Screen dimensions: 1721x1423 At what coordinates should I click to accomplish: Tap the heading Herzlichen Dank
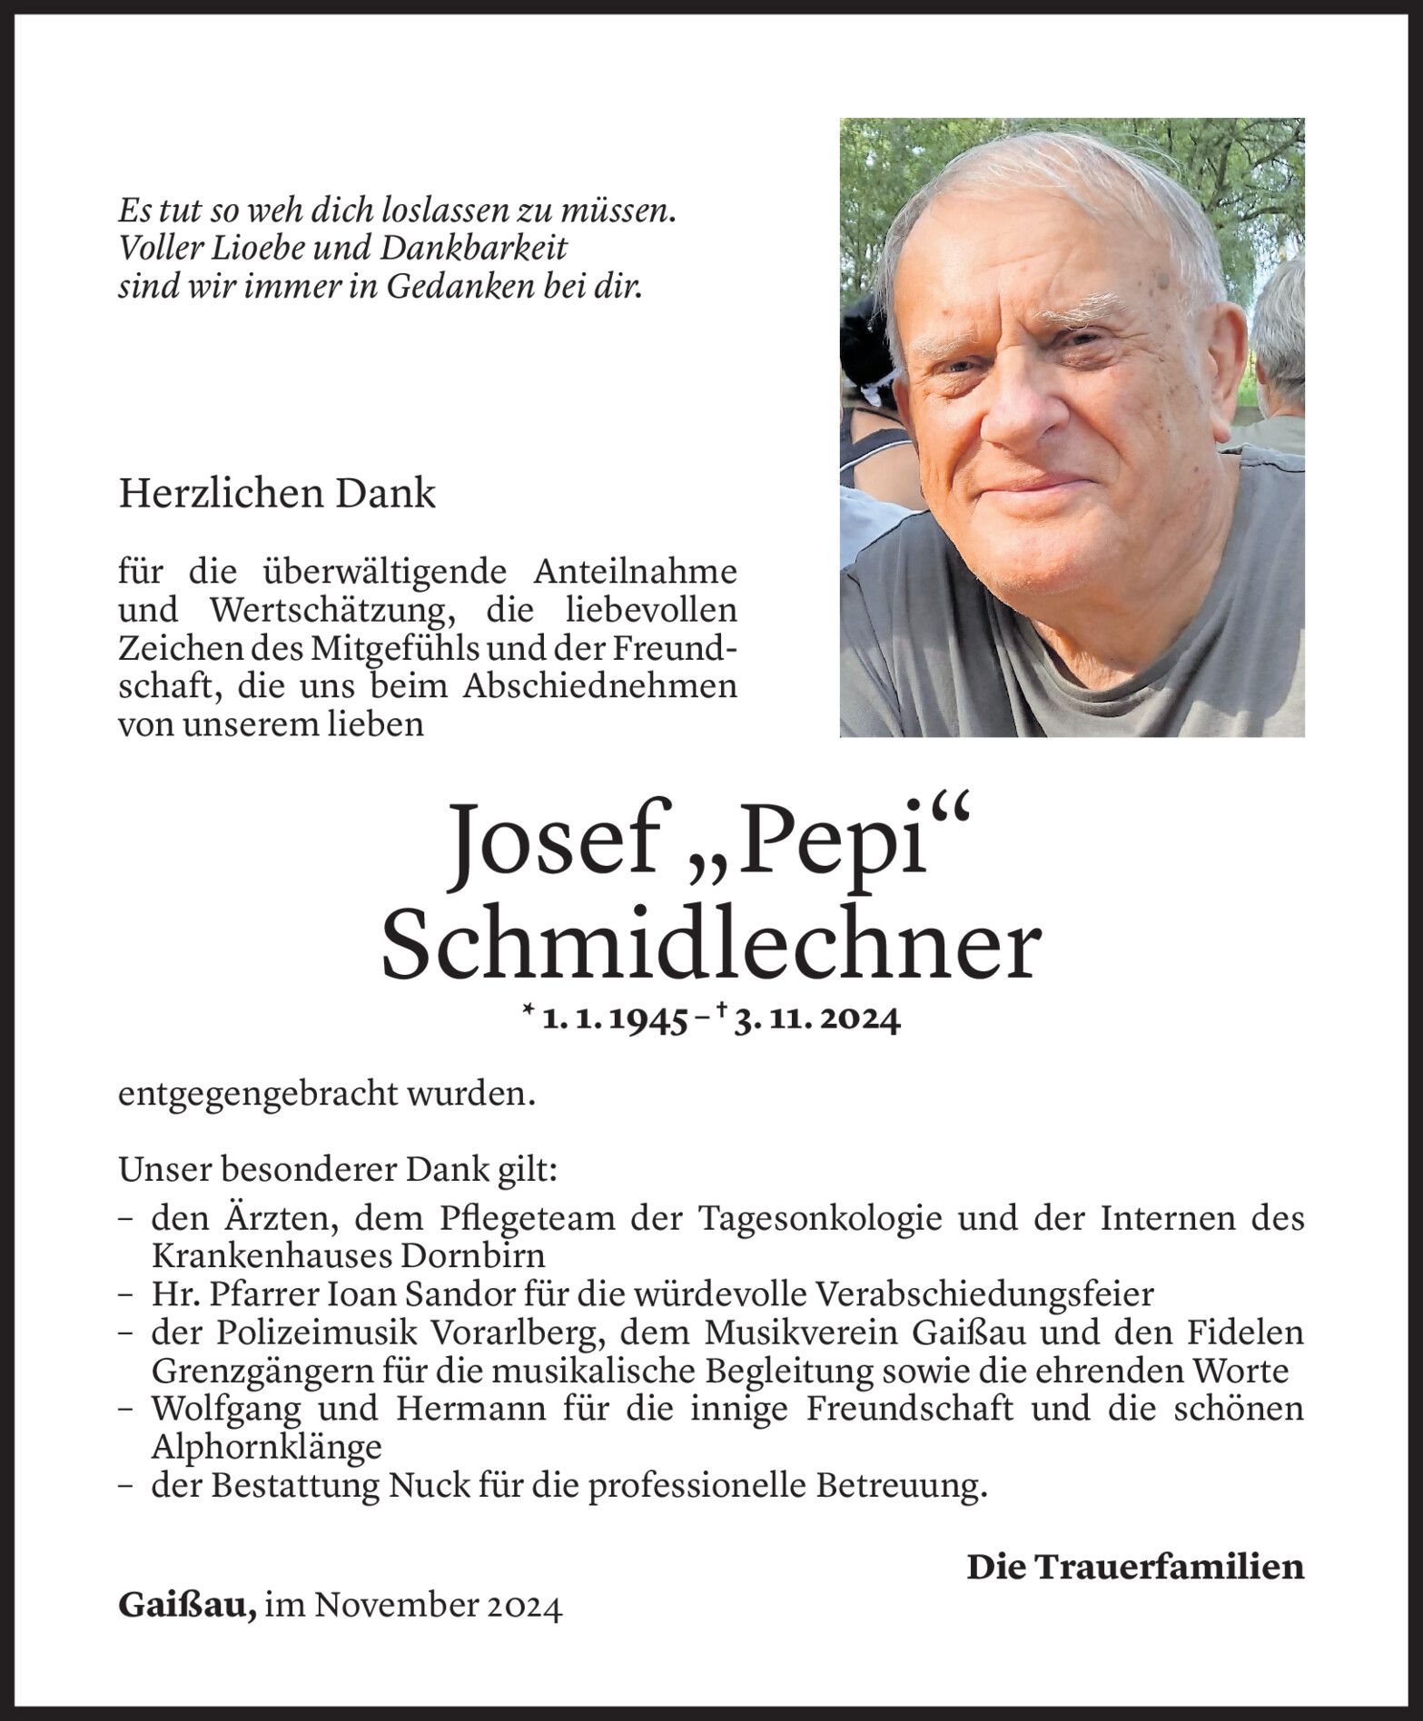pyautogui.click(x=277, y=496)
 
